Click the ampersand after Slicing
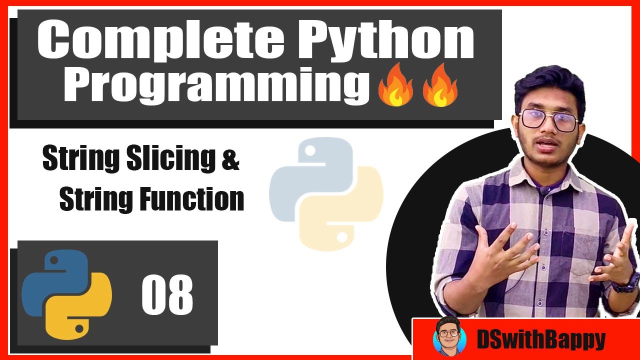230,161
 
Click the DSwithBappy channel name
540,340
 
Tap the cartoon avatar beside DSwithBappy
449,337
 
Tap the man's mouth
548,145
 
